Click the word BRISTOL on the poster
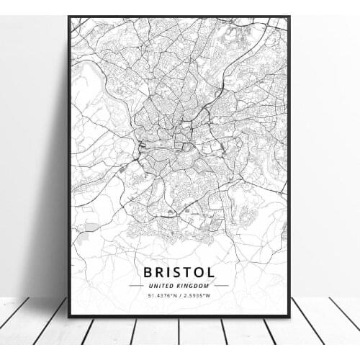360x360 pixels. click(179, 272)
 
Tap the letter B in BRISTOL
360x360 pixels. click(148, 272)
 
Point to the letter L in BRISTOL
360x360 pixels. click(210, 272)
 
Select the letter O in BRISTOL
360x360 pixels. click(197, 272)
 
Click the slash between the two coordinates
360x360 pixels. click(177, 295)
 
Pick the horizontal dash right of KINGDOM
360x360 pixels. click(221, 285)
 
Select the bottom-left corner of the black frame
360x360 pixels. click(69, 316)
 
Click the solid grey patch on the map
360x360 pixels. click(91, 228)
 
